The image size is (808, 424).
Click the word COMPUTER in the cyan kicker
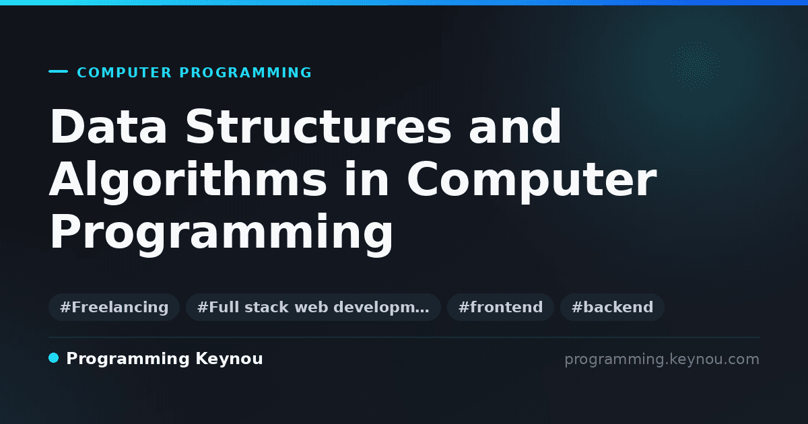pyautogui.click(x=125, y=73)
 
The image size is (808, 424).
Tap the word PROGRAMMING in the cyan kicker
pyautogui.click(x=246, y=73)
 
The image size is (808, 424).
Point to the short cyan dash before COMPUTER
pyautogui.click(x=58, y=71)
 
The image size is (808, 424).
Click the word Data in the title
pyautogui.click(x=108, y=127)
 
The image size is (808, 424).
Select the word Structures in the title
pyautogui.click(x=318, y=127)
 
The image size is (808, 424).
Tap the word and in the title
pyautogui.click(x=514, y=127)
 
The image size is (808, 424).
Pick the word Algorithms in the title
pyautogui.click(x=188, y=180)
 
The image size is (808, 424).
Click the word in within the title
pyautogui.click(x=366, y=178)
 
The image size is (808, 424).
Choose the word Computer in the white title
pyautogui.click(x=532, y=180)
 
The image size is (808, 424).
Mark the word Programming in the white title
pyautogui.click(x=221, y=233)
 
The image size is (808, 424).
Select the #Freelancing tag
pyautogui.click(x=114, y=307)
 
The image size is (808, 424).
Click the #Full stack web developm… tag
pyautogui.click(x=313, y=307)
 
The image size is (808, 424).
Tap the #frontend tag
pyautogui.click(x=500, y=307)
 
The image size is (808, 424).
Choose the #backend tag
pyautogui.click(x=612, y=307)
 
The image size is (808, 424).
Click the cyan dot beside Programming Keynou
pyautogui.click(x=53, y=358)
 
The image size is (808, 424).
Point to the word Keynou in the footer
pyautogui.click(x=229, y=359)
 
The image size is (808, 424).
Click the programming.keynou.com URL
pyautogui.click(x=662, y=359)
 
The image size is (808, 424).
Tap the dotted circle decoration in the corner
pyautogui.click(x=695, y=65)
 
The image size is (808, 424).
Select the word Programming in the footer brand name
pyautogui.click(x=128, y=359)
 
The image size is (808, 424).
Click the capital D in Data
pyautogui.click(x=67, y=127)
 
